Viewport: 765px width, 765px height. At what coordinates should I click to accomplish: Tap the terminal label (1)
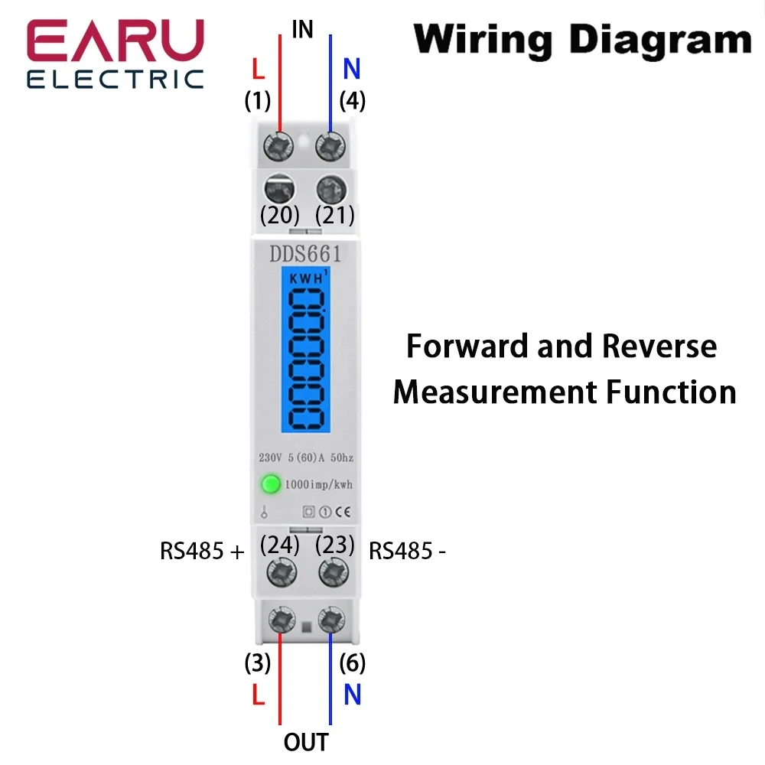tap(258, 100)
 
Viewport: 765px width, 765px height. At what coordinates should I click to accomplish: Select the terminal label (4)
tap(352, 100)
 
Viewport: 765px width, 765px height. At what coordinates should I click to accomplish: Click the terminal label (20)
tap(279, 215)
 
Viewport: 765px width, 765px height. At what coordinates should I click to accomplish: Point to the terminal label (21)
tap(335, 215)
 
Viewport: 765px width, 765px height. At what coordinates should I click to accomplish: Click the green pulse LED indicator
tap(271, 483)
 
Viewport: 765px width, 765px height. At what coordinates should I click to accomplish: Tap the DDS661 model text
tap(304, 255)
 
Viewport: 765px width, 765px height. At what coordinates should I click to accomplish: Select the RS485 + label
tap(202, 551)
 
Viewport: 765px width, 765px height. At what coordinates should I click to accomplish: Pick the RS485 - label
tap(407, 551)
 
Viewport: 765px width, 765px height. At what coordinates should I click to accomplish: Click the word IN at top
tap(303, 30)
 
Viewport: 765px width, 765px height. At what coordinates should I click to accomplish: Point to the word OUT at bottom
tap(306, 741)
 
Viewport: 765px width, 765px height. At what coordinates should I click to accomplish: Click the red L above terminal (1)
tap(259, 70)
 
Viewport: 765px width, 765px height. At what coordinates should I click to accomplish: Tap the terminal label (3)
tap(258, 663)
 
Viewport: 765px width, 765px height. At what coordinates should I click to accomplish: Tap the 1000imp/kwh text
tap(318, 484)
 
